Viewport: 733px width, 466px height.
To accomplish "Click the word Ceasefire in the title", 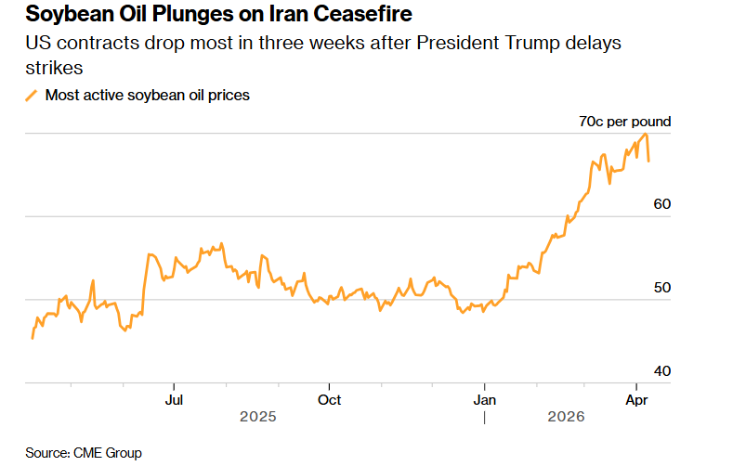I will [x=360, y=15].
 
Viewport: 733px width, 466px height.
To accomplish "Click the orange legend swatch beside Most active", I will [x=32, y=95].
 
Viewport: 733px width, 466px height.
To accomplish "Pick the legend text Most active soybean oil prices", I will [x=147, y=95].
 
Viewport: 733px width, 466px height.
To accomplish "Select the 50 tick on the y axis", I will [x=661, y=288].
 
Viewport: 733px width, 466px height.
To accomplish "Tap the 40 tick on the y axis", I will [x=661, y=371].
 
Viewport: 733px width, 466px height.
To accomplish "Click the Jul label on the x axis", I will [x=174, y=400].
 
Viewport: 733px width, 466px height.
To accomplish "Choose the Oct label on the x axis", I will [x=329, y=400].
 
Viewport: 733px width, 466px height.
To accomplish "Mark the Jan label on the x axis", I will [x=484, y=400].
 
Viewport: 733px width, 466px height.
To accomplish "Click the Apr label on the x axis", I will [x=636, y=400].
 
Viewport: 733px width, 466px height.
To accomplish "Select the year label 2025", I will [x=257, y=418].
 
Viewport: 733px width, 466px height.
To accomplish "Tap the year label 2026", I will [x=566, y=418].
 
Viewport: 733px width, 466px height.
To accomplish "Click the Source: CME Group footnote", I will [x=84, y=453].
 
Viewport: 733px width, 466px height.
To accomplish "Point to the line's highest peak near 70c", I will [x=645, y=134].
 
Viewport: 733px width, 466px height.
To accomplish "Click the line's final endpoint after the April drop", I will [x=648, y=162].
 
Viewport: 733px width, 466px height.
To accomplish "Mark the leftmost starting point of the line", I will [x=33, y=338].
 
